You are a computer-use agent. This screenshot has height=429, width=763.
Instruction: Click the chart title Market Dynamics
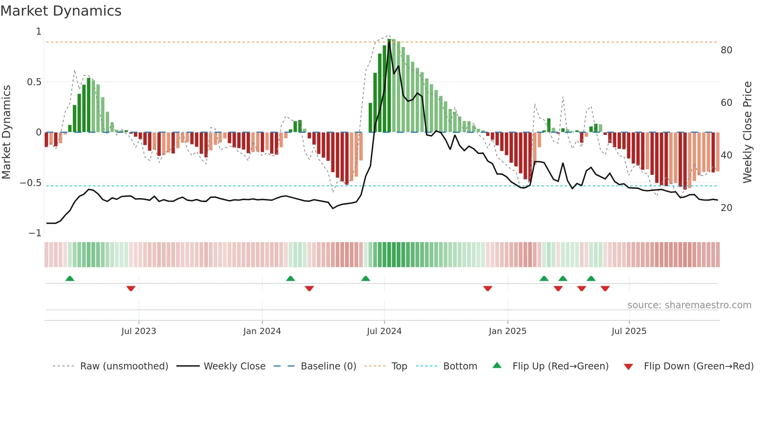click(61, 11)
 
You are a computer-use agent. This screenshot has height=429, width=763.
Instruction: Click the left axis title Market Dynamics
click(6, 132)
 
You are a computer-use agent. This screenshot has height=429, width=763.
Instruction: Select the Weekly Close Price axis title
click(747, 132)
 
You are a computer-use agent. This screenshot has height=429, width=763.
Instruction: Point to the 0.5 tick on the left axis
click(34, 82)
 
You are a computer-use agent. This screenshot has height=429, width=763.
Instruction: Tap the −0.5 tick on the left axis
click(30, 183)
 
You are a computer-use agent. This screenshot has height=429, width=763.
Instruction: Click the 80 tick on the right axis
click(726, 50)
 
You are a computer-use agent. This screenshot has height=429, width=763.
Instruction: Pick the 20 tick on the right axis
click(726, 208)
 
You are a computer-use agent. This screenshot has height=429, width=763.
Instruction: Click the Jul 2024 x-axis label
click(384, 331)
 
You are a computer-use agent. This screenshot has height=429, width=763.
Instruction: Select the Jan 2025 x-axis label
click(507, 331)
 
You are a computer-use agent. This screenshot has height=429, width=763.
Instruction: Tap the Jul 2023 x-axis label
click(139, 331)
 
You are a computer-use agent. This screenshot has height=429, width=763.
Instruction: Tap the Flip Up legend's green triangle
click(497, 366)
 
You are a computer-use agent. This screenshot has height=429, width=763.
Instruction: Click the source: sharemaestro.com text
click(689, 305)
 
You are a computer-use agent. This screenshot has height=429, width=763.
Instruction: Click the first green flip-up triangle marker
click(70, 278)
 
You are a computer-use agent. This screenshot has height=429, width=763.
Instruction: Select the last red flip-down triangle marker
click(605, 288)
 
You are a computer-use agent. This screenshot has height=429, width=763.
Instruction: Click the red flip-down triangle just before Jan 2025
click(488, 288)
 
